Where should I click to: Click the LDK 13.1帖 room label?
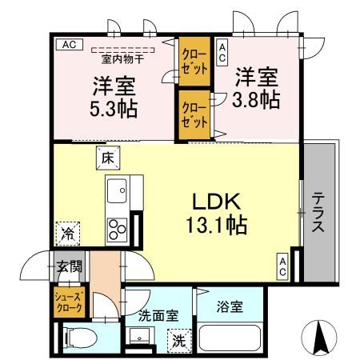(x=215, y=213)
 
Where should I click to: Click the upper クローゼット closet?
(x=194, y=63)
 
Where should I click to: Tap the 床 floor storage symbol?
(x=107, y=158)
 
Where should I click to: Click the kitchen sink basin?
(x=118, y=191)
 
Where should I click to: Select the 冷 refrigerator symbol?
(x=68, y=234)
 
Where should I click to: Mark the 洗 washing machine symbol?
(x=180, y=339)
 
